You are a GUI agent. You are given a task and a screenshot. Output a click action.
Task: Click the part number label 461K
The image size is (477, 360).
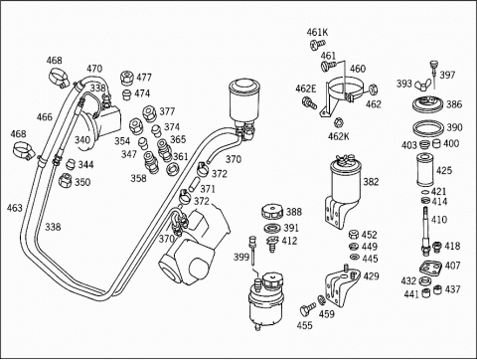317,32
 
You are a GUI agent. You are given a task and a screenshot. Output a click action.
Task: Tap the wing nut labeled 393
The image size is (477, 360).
423,85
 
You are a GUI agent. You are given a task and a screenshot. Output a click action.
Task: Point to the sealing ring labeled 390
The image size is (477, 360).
427,127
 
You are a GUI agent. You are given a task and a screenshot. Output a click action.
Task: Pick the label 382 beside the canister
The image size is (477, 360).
371,182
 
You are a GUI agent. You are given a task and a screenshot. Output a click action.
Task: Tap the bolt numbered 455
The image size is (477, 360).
307,309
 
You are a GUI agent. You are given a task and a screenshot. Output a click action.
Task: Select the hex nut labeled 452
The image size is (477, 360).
354,234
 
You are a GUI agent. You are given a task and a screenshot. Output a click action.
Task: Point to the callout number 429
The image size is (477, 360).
371,276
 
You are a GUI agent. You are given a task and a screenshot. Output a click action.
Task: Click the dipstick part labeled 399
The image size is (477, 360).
252,251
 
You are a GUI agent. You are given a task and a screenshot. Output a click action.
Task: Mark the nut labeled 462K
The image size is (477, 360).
338,123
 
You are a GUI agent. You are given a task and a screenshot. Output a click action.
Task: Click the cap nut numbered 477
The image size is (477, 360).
127,78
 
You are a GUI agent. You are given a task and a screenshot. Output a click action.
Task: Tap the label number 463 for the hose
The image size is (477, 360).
15,208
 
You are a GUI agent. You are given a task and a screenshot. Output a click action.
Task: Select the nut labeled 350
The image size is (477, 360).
65,180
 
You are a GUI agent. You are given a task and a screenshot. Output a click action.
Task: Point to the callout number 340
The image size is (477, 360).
82,140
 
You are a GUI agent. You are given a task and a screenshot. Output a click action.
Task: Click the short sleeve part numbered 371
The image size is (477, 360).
194,184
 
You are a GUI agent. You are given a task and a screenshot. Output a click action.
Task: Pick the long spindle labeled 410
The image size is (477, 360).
425,231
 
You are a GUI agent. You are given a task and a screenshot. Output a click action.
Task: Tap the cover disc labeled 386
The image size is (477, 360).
427,103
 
